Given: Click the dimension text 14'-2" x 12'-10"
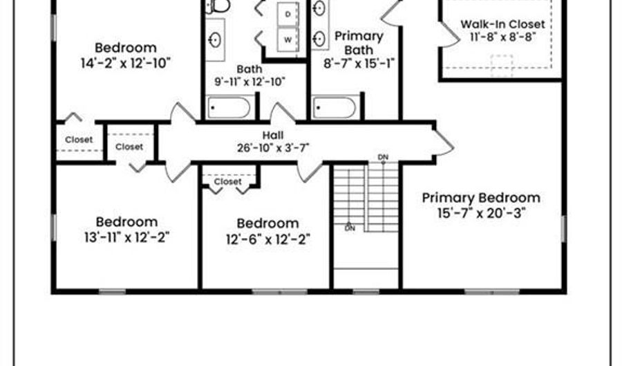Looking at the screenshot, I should tap(126, 63).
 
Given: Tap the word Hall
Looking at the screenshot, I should tap(272, 135).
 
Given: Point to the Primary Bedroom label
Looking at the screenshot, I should tap(481, 198).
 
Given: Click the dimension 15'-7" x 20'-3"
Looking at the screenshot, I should tap(481, 213).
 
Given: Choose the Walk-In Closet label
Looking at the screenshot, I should tap(502, 24).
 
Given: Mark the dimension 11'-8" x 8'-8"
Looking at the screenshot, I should tap(502, 37).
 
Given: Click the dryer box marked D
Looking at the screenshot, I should tap(288, 14).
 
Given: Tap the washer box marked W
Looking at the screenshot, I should tap(288, 37).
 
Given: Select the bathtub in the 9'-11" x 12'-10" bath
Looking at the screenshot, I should tap(229, 108).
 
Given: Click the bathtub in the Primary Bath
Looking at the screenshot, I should tap(335, 108).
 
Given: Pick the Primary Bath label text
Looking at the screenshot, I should tap(358, 42).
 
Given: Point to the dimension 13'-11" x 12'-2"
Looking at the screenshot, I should tap(126, 237).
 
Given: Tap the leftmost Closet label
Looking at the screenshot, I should tap(79, 140).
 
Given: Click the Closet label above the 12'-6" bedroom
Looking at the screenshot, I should tap(227, 182).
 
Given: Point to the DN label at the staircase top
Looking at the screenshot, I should tap(383, 158).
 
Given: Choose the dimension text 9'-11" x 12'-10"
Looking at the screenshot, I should tap(249, 82).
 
